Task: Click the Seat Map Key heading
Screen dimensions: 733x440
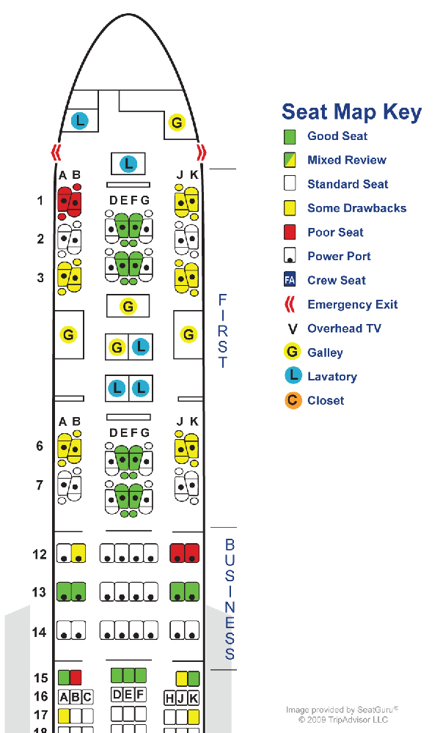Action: pos(351,112)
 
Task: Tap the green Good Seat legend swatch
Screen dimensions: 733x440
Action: pos(290,136)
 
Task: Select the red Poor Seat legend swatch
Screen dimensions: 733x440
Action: pos(290,232)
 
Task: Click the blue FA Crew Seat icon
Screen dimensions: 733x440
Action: pos(290,280)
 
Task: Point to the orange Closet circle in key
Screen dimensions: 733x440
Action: pos(293,400)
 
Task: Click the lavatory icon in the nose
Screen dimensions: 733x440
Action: pos(79,120)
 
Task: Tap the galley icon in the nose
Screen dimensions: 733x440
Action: pos(177,122)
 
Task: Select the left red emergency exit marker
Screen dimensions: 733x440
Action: pos(56,152)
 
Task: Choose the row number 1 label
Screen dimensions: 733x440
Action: pos(40,200)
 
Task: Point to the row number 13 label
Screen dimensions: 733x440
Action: pos(40,592)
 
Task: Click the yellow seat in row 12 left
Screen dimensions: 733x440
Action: pos(78,553)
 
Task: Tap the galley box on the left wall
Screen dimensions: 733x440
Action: pos(69,335)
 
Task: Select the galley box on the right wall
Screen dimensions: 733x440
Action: pos(189,335)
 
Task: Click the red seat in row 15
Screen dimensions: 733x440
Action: pos(76,677)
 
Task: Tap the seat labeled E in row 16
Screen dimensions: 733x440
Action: pos(128,694)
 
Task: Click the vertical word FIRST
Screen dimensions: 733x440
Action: pos(223,331)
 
